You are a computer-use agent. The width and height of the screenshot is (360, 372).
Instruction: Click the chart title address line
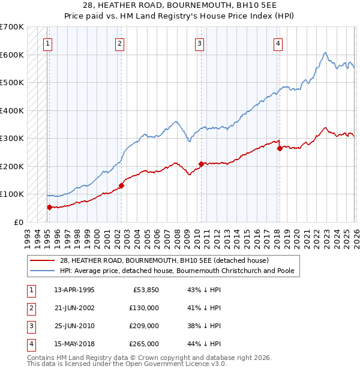(x=180, y=5)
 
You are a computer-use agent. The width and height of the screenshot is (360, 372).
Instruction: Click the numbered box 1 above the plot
(x=47, y=43)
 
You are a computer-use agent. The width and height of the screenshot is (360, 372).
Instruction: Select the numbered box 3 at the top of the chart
(x=199, y=43)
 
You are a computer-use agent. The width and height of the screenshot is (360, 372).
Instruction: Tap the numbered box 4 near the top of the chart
(x=278, y=43)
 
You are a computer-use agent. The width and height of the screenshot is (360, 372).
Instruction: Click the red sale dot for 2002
(x=121, y=185)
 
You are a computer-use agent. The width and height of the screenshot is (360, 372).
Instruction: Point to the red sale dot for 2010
(x=200, y=163)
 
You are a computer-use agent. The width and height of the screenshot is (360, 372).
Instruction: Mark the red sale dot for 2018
(x=280, y=148)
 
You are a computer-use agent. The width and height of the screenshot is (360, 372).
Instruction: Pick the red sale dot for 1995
(x=49, y=207)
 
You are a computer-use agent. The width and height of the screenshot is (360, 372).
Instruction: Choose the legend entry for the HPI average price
(x=177, y=271)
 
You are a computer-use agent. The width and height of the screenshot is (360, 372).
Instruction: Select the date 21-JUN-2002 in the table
(x=74, y=307)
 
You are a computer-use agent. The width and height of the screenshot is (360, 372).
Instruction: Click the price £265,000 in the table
(x=144, y=344)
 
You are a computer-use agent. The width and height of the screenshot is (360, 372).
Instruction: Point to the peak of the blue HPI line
(x=324, y=53)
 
